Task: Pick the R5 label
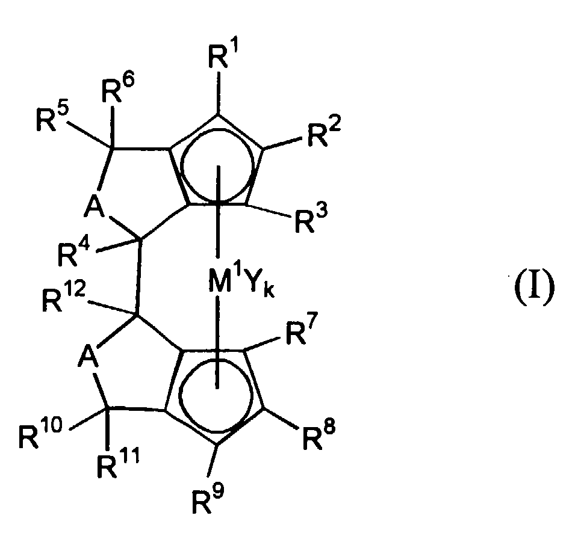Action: pyautogui.click(x=52, y=117)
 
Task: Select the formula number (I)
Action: pyautogui.click(x=534, y=284)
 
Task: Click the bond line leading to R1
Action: pyautogui.click(x=219, y=94)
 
